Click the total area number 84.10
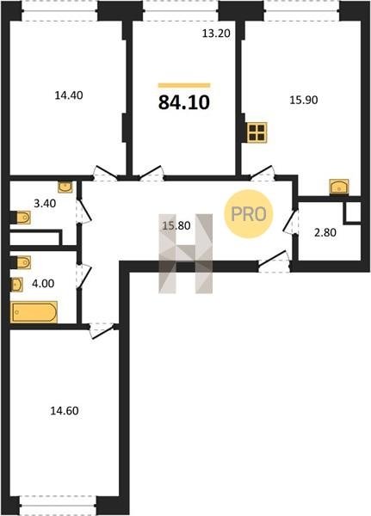(184, 102)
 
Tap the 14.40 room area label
(69, 95)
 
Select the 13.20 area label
(216, 34)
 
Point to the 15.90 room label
(304, 100)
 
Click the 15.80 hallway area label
(176, 225)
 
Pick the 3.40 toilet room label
(45, 203)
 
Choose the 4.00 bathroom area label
(43, 283)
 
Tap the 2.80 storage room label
(325, 233)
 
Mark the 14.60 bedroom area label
(65, 411)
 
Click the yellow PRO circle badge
(249, 214)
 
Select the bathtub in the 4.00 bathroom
(34, 312)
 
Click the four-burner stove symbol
(257, 132)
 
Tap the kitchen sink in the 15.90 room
(339, 187)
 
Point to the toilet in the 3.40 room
(21, 218)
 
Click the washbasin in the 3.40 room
(65, 187)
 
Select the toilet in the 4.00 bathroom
(21, 262)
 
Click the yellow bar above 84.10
(184, 85)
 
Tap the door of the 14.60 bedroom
(102, 331)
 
